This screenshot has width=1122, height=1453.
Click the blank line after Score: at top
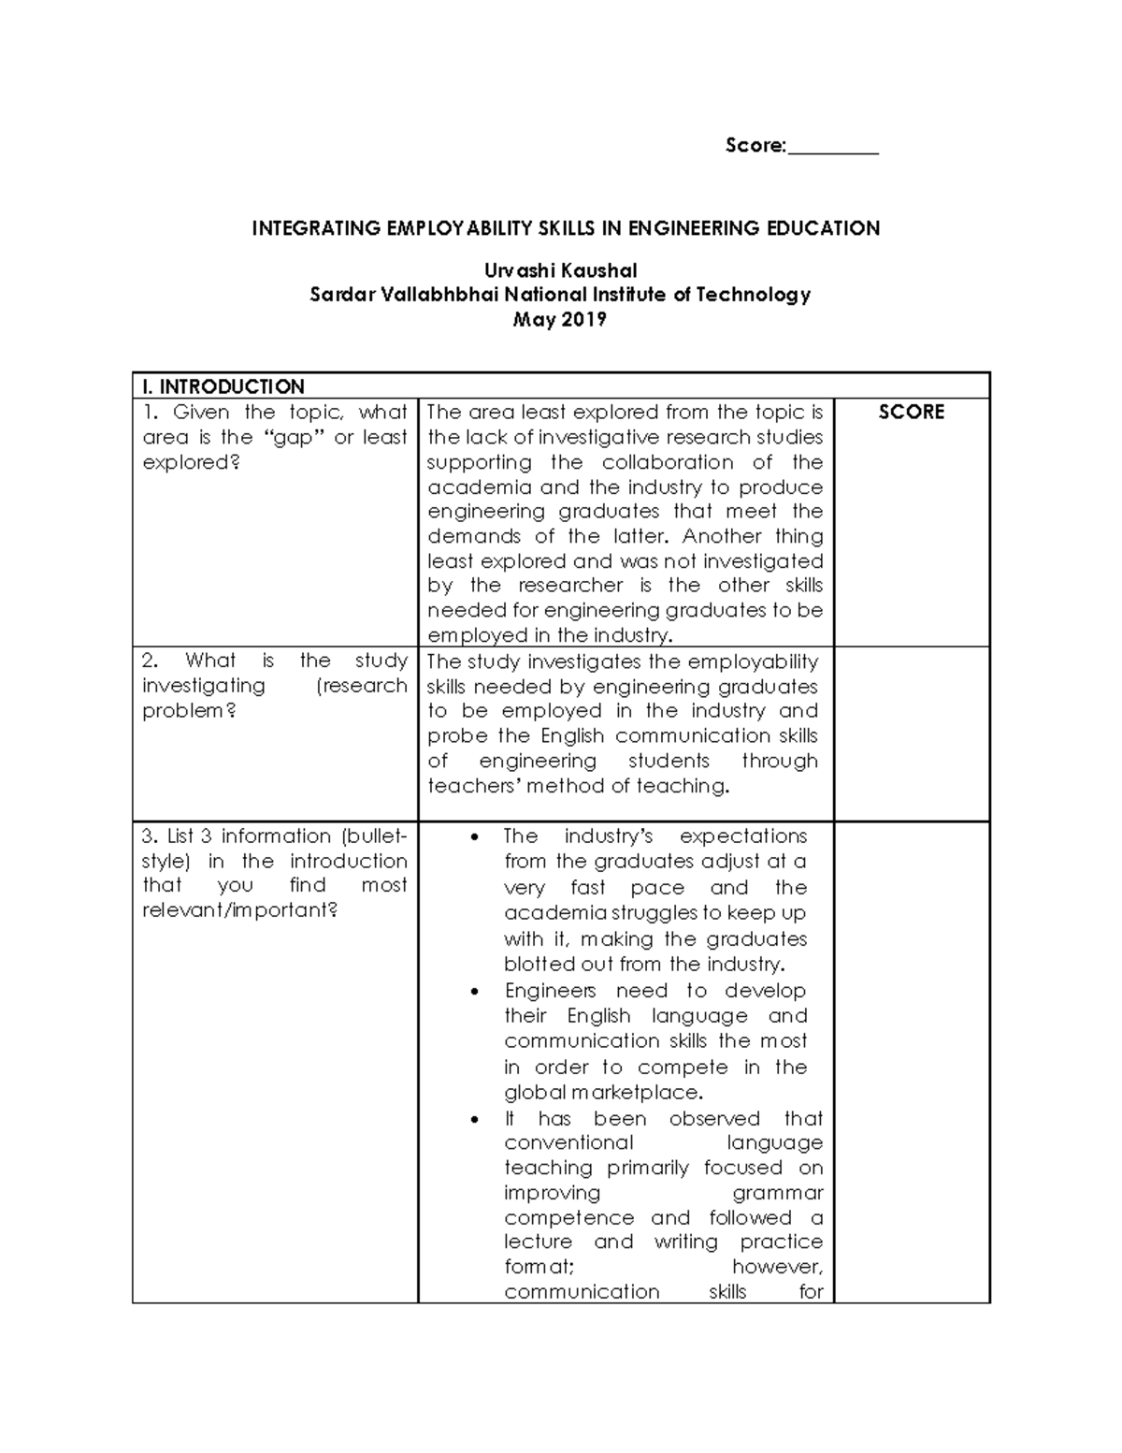[833, 148]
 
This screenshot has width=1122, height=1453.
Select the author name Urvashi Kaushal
[560, 271]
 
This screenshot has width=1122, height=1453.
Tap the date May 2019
[560, 320]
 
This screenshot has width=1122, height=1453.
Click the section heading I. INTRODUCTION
[223, 386]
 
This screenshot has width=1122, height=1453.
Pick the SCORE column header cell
[911, 413]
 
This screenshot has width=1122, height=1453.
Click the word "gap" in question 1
[293, 438]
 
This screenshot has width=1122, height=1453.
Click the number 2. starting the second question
[149, 661]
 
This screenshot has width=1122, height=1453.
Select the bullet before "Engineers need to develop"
[479, 992]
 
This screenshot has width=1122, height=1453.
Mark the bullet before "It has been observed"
[479, 1120]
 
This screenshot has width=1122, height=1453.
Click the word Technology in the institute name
[758, 296]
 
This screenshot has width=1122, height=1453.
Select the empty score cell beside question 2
[911, 734]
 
